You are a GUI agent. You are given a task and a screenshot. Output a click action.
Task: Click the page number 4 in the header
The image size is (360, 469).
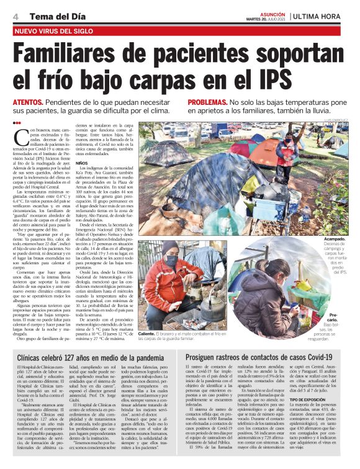click(x=14, y=16)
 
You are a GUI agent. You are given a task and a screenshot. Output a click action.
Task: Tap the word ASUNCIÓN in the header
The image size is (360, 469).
click(x=274, y=12)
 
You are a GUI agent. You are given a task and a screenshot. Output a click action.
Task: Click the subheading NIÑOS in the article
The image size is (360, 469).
click(x=99, y=164)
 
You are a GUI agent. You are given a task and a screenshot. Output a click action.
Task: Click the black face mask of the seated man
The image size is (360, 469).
click(x=172, y=261)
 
